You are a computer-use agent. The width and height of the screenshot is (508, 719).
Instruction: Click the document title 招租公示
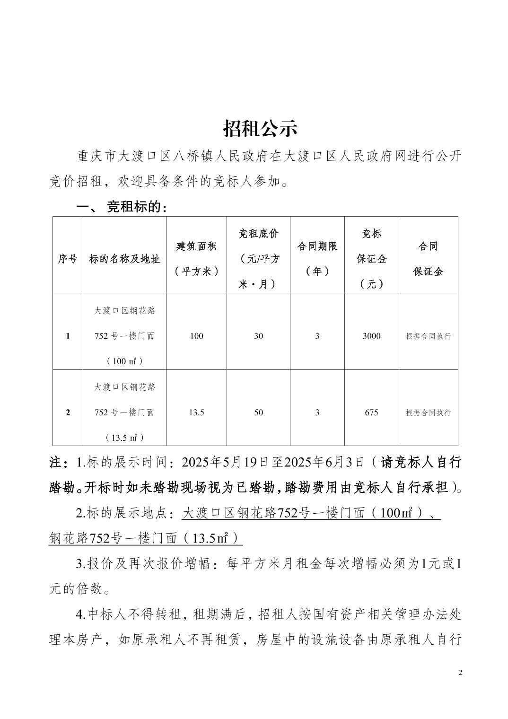click(260, 128)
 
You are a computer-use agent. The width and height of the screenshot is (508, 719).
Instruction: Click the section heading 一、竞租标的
click(122, 207)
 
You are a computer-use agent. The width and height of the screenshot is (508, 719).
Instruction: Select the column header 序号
click(68, 259)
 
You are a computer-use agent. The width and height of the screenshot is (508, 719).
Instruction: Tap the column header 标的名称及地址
click(124, 259)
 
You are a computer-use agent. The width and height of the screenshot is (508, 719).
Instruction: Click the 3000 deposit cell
click(371, 336)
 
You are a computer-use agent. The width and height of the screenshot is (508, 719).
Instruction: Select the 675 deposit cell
click(371, 412)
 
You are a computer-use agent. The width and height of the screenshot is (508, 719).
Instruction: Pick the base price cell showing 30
click(258, 336)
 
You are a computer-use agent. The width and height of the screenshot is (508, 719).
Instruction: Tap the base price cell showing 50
click(258, 412)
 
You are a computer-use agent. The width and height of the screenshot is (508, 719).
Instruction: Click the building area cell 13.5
click(196, 412)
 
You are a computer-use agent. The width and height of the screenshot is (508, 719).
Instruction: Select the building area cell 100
click(196, 336)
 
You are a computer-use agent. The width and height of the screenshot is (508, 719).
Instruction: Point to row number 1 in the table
click(68, 336)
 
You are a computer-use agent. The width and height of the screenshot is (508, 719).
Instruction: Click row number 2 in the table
click(68, 412)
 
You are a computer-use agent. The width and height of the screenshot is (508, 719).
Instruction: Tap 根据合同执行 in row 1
click(428, 336)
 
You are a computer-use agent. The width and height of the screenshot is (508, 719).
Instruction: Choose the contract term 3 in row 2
click(317, 412)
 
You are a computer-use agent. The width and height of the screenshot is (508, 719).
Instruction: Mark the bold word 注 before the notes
click(56, 462)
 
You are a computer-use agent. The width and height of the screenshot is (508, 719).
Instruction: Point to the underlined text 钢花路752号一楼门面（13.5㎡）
click(145, 538)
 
